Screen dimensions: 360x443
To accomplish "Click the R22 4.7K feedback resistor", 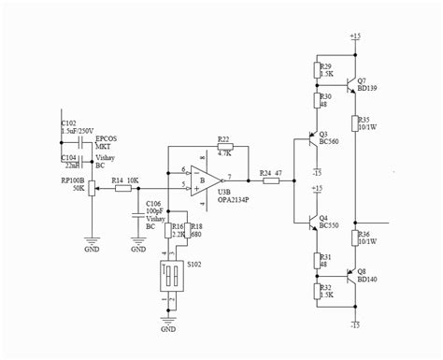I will tap(223, 147).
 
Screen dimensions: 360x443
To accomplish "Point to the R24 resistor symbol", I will tap(271, 180).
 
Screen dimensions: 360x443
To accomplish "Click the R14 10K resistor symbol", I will tap(123, 188).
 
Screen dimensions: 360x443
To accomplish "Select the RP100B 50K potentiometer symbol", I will tap(90, 188).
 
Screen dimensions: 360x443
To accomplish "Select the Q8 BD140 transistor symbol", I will tap(347, 276).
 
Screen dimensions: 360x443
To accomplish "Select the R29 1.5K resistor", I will tap(315, 71).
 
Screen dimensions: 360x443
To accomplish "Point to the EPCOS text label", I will tap(105, 138).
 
